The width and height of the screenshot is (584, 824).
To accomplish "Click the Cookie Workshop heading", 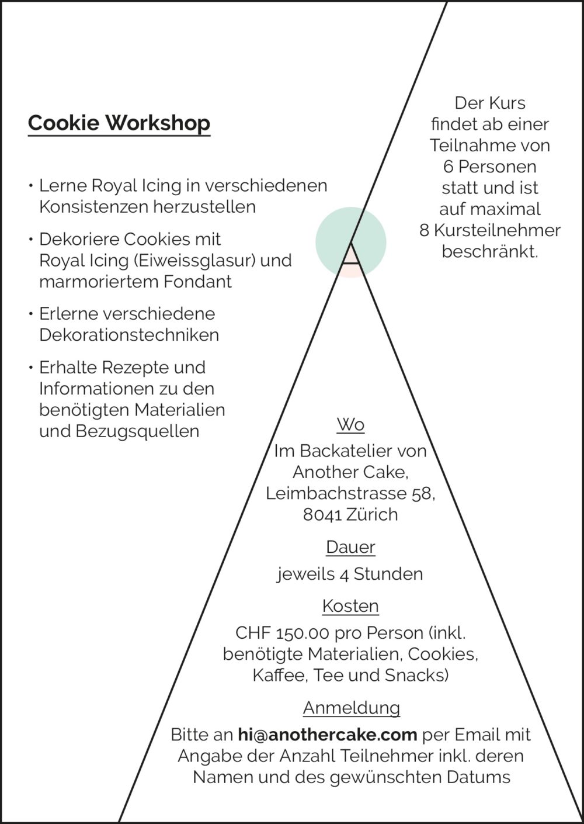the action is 119,123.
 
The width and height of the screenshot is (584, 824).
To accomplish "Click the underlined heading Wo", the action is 350,425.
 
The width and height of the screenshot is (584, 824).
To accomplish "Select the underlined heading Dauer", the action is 350,548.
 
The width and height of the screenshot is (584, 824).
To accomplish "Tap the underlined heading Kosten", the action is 350,606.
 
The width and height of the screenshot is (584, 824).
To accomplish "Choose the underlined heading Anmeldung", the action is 352,708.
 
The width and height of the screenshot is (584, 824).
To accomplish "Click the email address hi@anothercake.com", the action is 328,735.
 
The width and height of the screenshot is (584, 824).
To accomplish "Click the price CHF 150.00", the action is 282,633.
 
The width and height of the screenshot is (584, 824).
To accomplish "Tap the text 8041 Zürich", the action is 350,515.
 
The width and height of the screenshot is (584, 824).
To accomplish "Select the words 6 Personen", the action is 490,167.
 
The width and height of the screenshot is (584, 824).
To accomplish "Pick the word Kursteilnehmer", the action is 497,231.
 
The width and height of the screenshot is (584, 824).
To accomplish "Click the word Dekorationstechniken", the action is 129,335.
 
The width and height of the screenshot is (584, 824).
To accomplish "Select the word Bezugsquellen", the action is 137,431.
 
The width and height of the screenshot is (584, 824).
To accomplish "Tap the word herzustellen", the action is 204,207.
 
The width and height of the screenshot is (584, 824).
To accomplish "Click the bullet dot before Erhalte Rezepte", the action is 31,367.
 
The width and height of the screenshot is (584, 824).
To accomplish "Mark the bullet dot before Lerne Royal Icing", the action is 31,185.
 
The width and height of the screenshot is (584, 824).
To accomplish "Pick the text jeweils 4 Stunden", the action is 349,574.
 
